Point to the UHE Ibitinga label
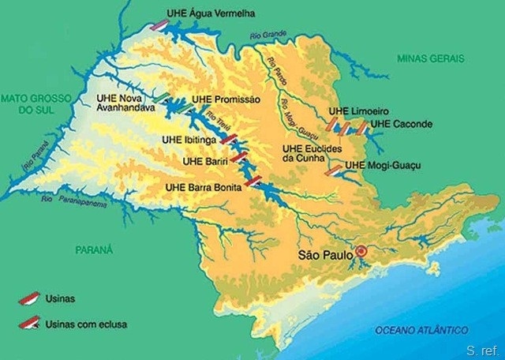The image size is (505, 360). click(188, 140)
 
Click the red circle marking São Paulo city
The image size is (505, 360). click(361, 252)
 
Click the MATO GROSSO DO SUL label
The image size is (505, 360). click(36, 103)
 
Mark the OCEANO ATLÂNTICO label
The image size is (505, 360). click(421, 329)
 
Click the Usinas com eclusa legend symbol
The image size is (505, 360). click(30, 322)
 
